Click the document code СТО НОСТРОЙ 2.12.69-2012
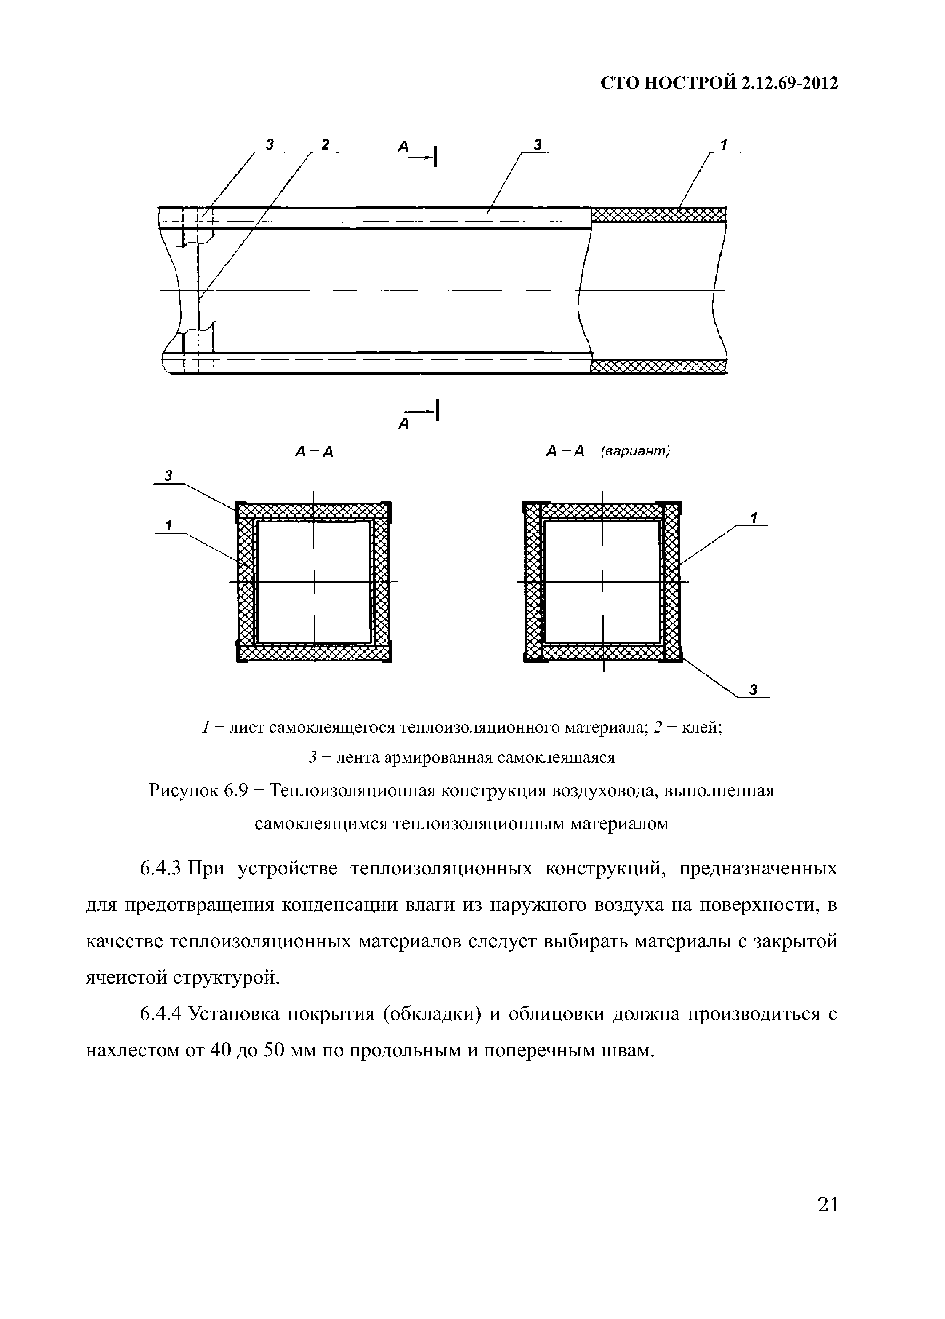[x=719, y=84]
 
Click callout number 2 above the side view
[x=325, y=144]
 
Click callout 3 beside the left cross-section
[x=168, y=476]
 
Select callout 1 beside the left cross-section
[x=168, y=525]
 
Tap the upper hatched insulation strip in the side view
[x=658, y=215]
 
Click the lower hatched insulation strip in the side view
[x=658, y=366]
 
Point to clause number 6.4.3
[x=162, y=868]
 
